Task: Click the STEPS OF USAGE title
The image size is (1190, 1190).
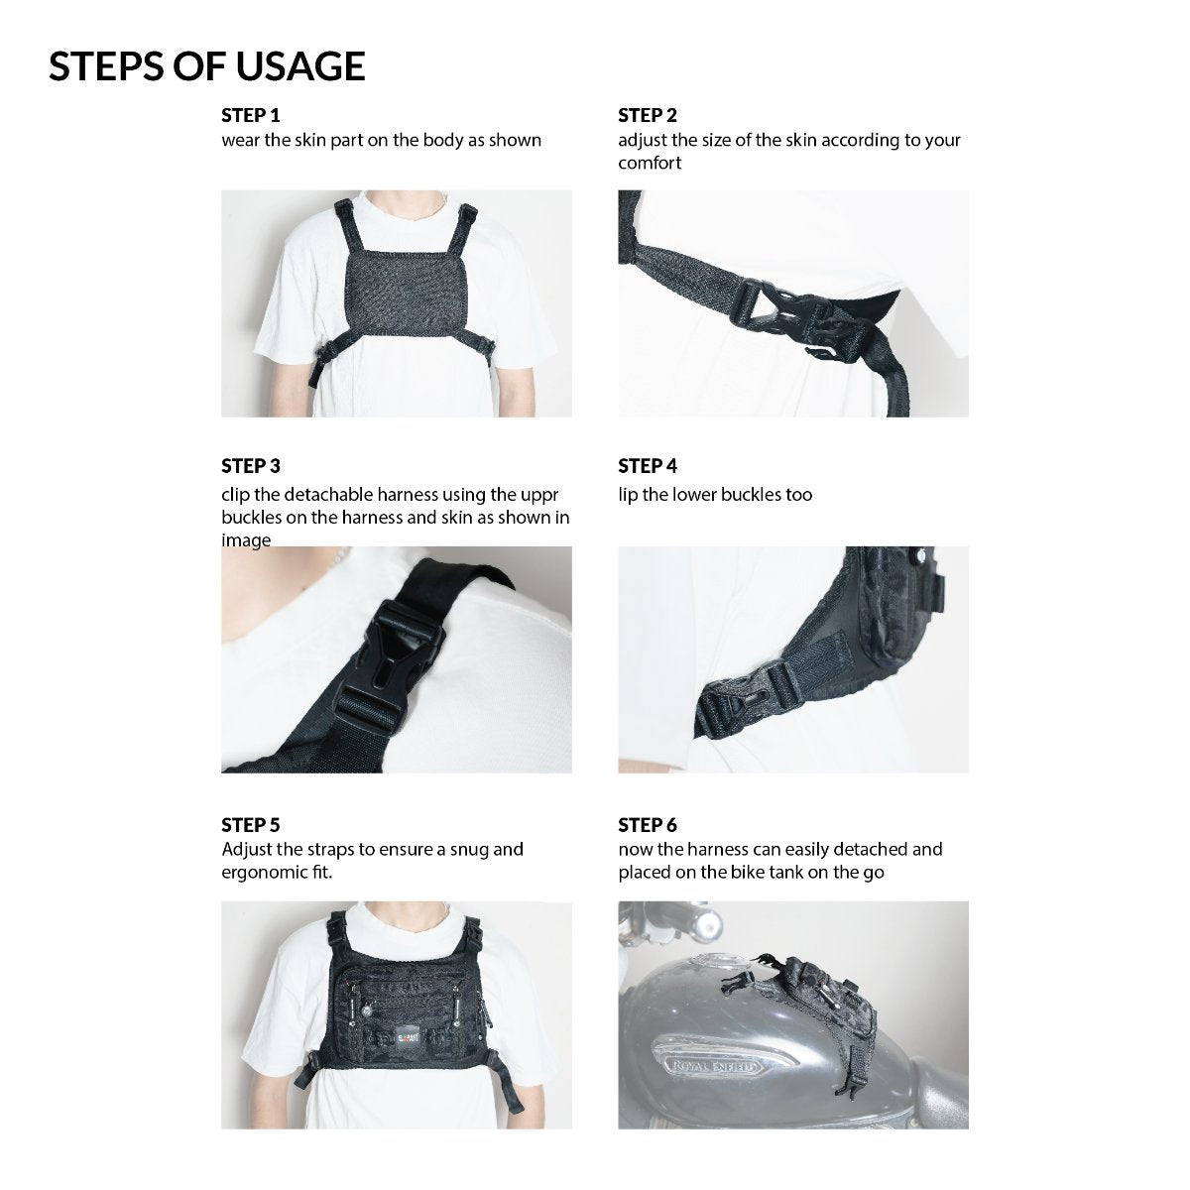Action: click(207, 66)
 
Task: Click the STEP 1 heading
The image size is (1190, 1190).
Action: click(251, 115)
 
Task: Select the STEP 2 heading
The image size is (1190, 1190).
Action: click(648, 115)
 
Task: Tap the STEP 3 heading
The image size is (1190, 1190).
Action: click(251, 466)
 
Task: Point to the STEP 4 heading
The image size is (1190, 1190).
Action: click(648, 466)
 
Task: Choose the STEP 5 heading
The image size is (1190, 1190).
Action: click(251, 825)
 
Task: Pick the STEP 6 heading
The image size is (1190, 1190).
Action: click(648, 825)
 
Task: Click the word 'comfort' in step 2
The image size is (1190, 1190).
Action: click(650, 163)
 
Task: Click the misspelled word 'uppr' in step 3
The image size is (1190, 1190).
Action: click(539, 496)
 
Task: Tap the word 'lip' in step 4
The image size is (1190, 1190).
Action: click(628, 495)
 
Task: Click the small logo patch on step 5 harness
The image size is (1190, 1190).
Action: click(408, 1034)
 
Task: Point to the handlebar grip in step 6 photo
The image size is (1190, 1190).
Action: click(705, 924)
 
